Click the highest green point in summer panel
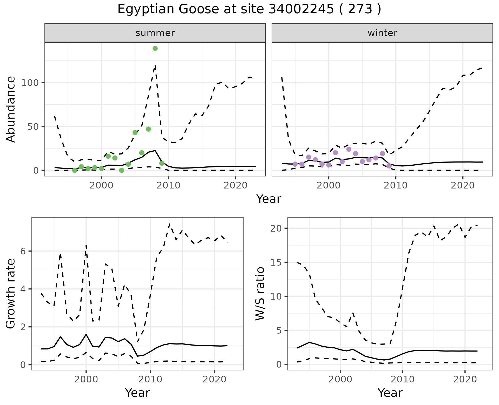155,48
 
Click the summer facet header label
155,33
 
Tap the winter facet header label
382,33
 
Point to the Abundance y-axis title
11,109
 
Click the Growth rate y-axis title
11,294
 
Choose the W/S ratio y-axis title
260,294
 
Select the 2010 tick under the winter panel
396,186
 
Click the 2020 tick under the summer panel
235,186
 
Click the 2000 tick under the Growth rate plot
86,379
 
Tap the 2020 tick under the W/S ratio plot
465,379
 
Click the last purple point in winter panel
389,166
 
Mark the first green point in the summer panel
75,170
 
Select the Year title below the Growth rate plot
137,393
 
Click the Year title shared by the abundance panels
269,199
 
